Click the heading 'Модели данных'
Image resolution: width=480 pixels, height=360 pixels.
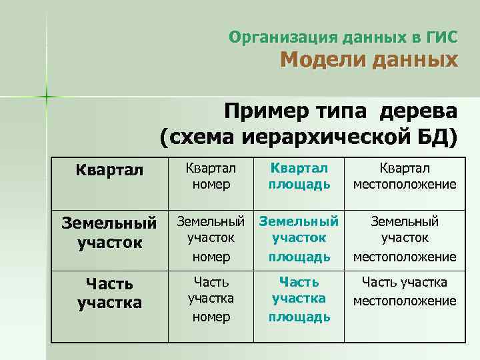369,61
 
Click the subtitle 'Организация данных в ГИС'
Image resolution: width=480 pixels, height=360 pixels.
343,37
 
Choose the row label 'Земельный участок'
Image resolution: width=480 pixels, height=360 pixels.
109,231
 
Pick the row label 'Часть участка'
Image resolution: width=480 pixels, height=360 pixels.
109,293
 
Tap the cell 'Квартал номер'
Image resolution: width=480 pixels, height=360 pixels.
211,175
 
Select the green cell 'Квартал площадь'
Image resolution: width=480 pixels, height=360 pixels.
299,175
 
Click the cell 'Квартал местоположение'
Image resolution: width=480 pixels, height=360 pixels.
405,175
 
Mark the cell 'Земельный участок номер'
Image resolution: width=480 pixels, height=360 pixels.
211,238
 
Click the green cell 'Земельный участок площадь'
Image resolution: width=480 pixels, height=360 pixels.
299,238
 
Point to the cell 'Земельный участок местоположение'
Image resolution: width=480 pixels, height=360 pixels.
405,238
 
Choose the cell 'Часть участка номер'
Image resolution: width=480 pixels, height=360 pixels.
211,299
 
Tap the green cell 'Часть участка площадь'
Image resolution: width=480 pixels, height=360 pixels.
299,299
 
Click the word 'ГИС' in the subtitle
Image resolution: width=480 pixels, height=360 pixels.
443,37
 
